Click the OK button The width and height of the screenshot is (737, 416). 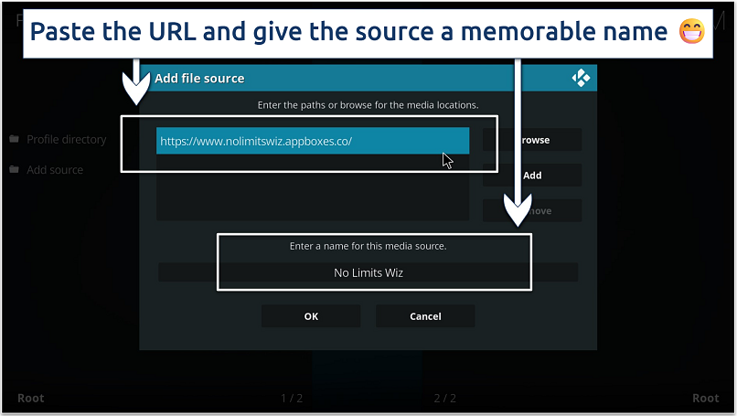pyautogui.click(x=311, y=316)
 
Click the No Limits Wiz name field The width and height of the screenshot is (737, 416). pyautogui.click(x=368, y=272)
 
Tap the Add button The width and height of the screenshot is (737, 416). pyautogui.click(x=532, y=176)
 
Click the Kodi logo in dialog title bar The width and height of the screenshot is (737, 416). pyautogui.click(x=581, y=79)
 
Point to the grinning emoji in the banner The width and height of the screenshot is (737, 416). pyautogui.click(x=691, y=33)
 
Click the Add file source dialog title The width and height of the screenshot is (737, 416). pyautogui.click(x=199, y=79)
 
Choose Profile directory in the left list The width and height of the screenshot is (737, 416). pyautogui.click(x=66, y=140)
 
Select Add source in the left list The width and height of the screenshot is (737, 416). pyautogui.click(x=55, y=170)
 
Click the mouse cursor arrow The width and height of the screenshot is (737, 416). pyautogui.click(x=447, y=160)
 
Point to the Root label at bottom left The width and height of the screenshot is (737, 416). pyautogui.click(x=30, y=398)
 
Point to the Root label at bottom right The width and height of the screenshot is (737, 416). pyautogui.click(x=705, y=398)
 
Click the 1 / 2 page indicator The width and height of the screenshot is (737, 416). pyautogui.click(x=292, y=398)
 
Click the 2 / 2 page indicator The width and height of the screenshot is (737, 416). pyautogui.click(x=444, y=398)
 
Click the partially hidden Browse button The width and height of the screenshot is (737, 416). pyautogui.click(x=534, y=140)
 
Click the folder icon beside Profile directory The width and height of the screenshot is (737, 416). pyautogui.click(x=15, y=140)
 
